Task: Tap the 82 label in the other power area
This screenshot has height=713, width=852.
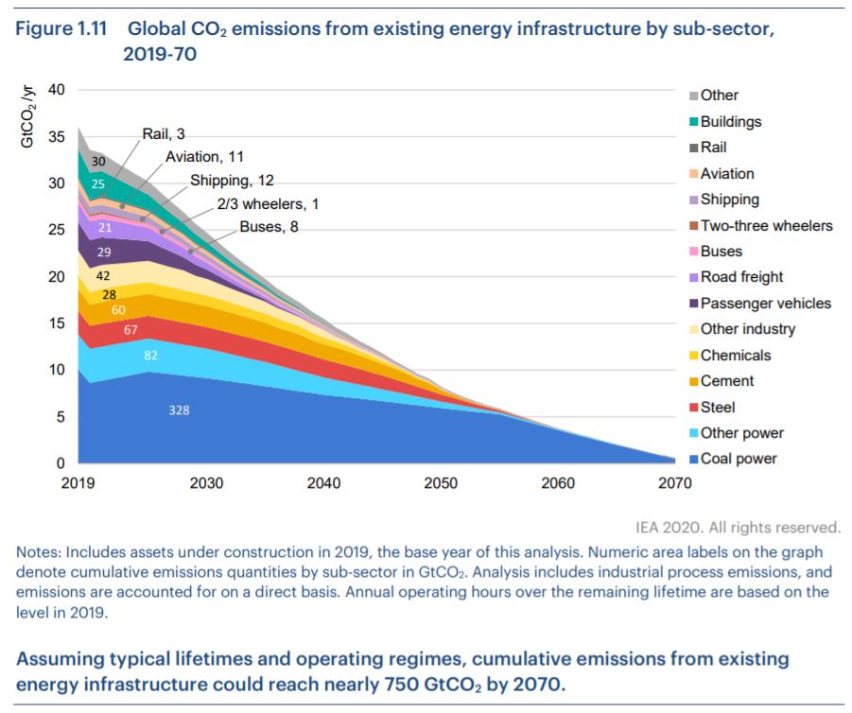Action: [151, 355]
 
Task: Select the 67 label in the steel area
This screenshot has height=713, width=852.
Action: [131, 329]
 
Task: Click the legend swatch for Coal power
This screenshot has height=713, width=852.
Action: [693, 461]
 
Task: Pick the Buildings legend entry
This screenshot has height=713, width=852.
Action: [730, 121]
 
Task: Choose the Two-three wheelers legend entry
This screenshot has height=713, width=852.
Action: [766, 225]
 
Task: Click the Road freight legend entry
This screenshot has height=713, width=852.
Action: [741, 277]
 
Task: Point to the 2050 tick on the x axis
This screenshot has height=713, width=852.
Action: [441, 483]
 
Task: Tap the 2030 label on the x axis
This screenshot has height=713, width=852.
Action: [206, 483]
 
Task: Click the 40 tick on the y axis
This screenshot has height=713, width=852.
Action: [56, 91]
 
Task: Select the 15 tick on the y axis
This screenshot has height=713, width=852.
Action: [56, 323]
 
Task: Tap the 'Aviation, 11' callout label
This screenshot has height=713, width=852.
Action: [204, 157]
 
